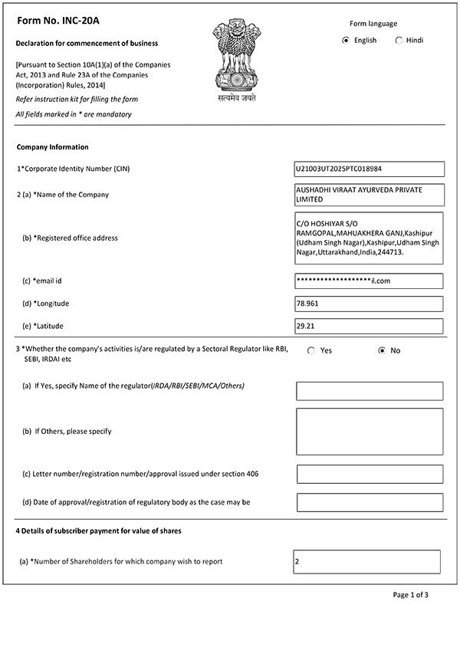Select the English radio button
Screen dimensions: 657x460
(x=346, y=41)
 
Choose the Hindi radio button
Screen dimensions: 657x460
(x=399, y=41)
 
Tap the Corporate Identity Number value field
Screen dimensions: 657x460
(x=369, y=169)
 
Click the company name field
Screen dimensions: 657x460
(x=369, y=194)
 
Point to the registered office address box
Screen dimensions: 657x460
(x=369, y=238)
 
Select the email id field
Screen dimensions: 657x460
(x=369, y=281)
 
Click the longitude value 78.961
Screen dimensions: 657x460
(x=369, y=304)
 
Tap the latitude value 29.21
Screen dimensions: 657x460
(x=369, y=327)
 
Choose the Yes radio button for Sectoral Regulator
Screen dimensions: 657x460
(x=311, y=350)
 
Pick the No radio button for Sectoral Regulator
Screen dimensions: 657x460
(x=382, y=350)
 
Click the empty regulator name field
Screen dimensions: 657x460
(x=370, y=391)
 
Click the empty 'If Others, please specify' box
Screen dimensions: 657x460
(x=370, y=432)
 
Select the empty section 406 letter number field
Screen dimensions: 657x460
(x=370, y=474)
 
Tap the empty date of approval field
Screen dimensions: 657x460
(x=370, y=503)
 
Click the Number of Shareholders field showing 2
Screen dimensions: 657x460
(x=366, y=562)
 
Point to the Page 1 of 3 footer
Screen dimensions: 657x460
(x=410, y=595)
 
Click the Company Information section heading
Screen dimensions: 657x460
(x=52, y=147)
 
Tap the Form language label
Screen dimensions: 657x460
(x=373, y=24)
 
